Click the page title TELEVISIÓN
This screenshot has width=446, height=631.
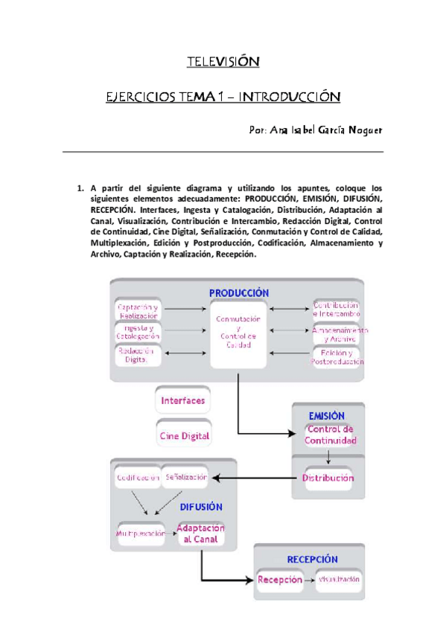222,61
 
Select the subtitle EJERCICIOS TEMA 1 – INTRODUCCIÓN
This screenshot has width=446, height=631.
223,97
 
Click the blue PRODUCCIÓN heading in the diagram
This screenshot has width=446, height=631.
238,293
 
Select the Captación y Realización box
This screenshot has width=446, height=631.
138,311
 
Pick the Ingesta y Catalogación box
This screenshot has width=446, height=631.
138,333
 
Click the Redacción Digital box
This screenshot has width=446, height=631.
138,356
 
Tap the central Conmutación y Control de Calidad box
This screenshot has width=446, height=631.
238,333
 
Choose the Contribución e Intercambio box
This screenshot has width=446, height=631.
336,310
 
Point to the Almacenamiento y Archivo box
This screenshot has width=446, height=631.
336,333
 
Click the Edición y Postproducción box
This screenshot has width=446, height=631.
336,356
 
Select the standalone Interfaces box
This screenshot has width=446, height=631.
182,400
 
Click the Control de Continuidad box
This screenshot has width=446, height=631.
330,435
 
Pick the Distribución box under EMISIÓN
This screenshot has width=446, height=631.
328,478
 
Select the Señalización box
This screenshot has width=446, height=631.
185,476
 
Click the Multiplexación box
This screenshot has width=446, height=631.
140,534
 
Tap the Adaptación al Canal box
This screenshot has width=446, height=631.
200,534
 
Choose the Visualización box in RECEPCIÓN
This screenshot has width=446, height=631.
339,578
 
